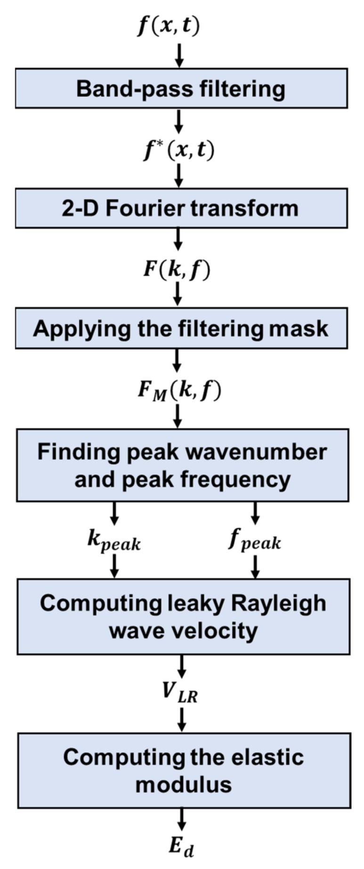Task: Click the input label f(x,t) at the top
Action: (x=168, y=25)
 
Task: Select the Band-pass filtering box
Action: (x=181, y=88)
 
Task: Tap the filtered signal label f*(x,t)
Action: (x=178, y=150)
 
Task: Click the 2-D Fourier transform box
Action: (x=181, y=208)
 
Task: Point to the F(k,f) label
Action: (x=176, y=270)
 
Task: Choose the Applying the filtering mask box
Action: (x=181, y=328)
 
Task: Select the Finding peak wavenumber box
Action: (x=182, y=465)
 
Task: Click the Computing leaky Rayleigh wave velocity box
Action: (x=183, y=616)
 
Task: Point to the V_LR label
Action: (x=180, y=693)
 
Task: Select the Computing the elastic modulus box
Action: (x=184, y=770)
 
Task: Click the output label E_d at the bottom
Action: (x=181, y=846)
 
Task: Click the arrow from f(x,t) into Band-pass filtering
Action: (x=179, y=55)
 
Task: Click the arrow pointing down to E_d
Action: (x=182, y=820)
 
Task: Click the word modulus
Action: (x=184, y=785)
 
